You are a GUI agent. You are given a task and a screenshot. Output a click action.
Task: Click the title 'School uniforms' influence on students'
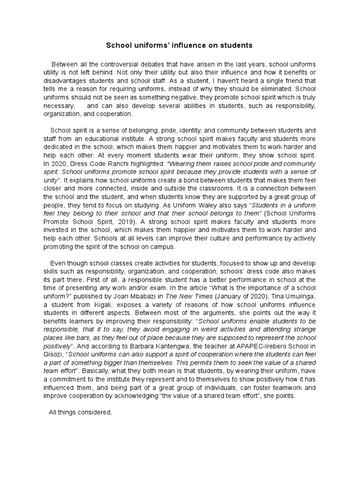click(180, 45)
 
